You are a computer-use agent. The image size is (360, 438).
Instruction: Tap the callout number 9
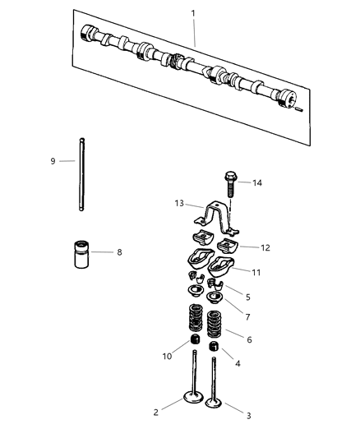(x=53, y=161)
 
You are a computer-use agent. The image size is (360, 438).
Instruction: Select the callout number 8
(x=119, y=251)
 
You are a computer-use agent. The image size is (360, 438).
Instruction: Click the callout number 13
(x=177, y=203)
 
